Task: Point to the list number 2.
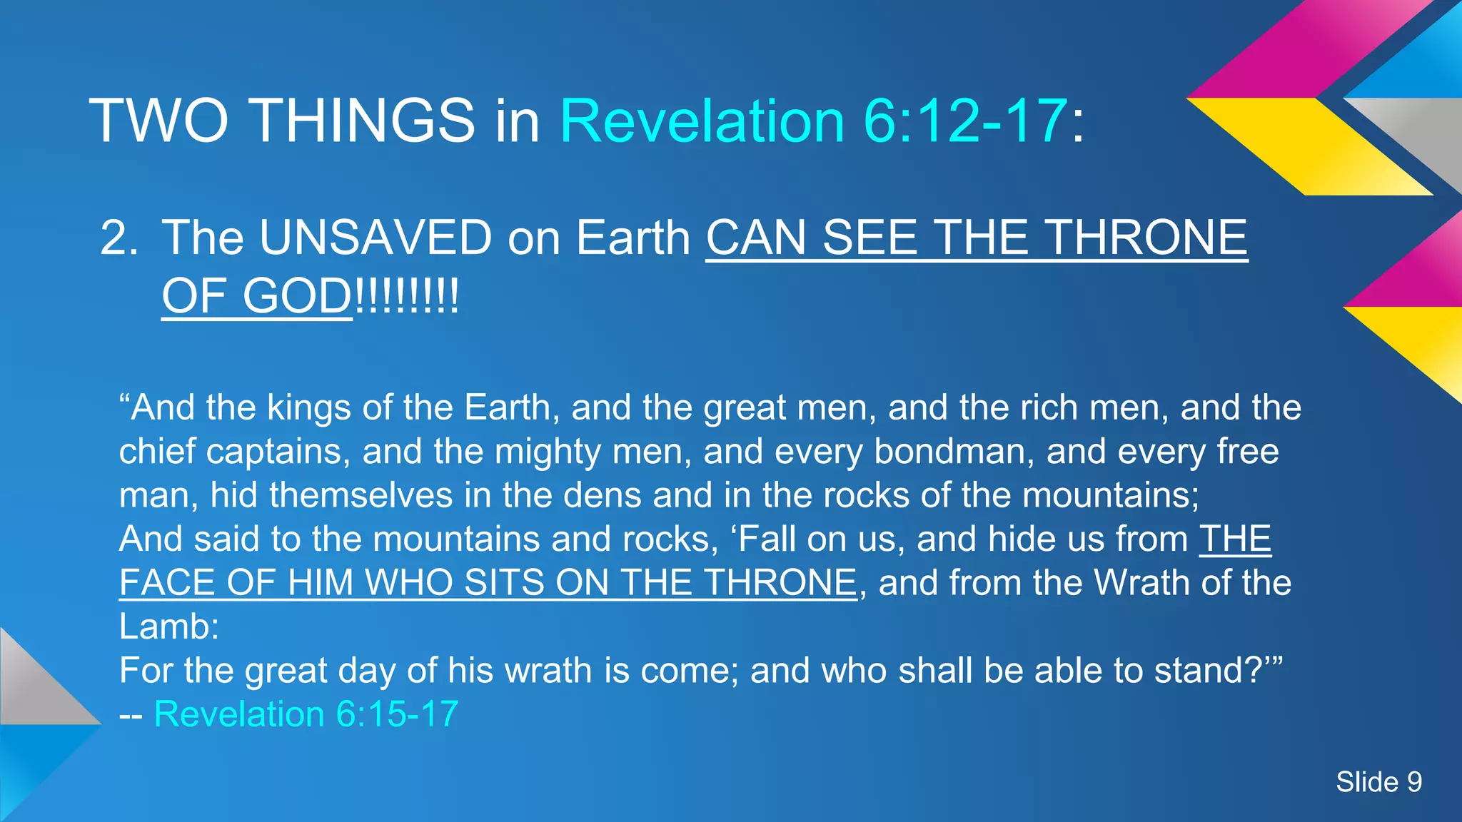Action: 119,238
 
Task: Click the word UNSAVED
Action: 375,238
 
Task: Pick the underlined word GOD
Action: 296,296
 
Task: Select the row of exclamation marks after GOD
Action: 407,296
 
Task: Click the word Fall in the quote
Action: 767,539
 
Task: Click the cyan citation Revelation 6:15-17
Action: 306,714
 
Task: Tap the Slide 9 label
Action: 1378,782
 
